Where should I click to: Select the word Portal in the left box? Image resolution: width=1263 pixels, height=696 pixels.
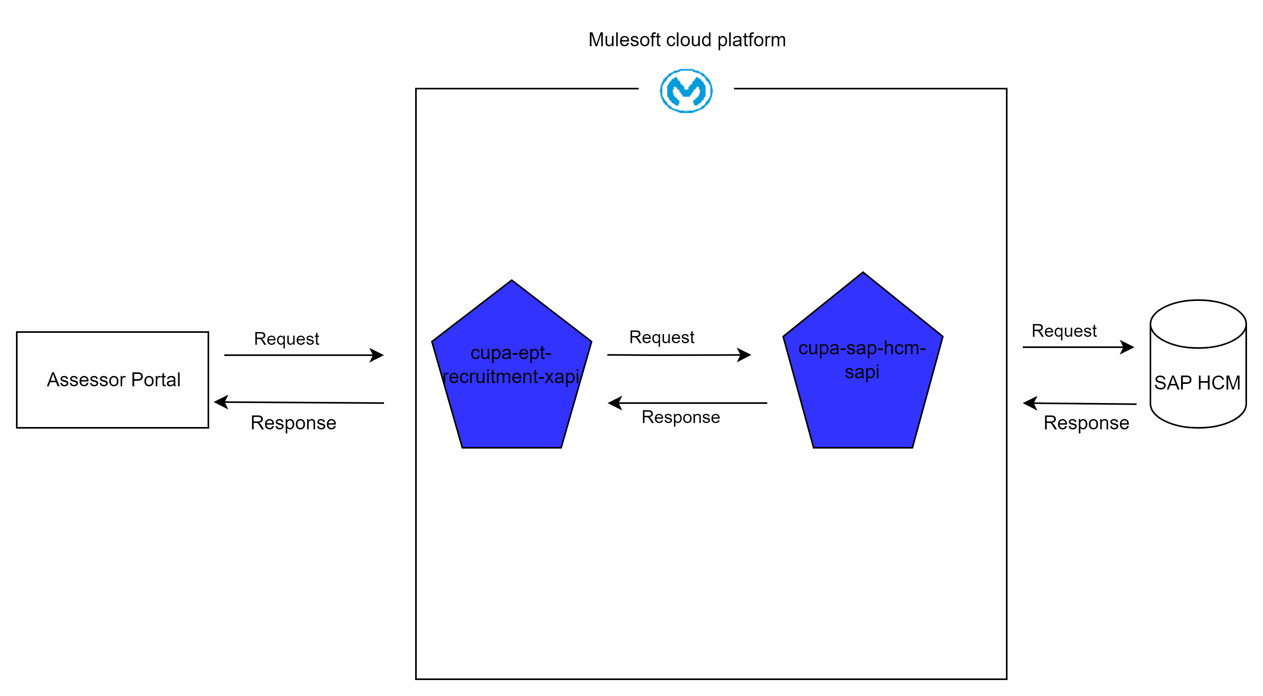pos(156,380)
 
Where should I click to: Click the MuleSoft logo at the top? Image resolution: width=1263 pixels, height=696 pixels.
pos(686,91)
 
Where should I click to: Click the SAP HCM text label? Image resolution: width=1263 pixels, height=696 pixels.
pos(1197,383)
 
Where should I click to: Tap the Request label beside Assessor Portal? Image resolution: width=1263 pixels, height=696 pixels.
pos(286,339)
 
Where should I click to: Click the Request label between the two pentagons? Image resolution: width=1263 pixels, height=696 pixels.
pos(661,337)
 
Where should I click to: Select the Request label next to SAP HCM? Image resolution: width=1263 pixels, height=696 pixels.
pos(1064,331)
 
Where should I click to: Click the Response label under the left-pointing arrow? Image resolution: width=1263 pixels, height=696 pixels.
pos(681,417)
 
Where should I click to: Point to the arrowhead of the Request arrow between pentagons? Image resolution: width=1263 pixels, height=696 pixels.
pos(745,355)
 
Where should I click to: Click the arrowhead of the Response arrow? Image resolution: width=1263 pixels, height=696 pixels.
pos(614,403)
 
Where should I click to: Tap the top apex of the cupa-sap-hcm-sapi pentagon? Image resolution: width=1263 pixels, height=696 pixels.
pos(863,273)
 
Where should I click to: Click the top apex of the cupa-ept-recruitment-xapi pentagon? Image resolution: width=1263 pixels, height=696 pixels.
pos(512,281)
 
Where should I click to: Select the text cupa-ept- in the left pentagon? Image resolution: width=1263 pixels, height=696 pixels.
pos(511,353)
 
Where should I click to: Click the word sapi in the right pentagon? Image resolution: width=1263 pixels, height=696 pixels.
pos(862,372)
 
